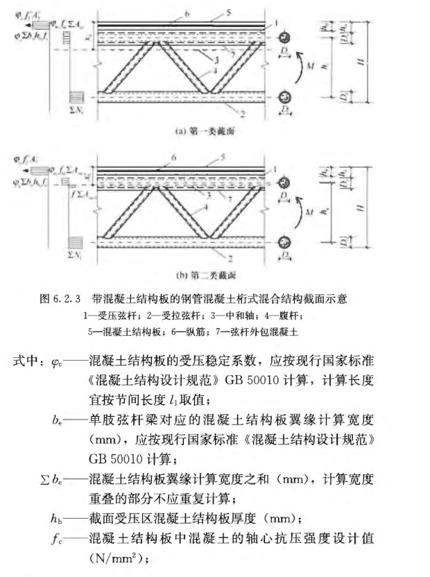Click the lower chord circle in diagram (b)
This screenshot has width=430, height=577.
pos(284,242)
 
